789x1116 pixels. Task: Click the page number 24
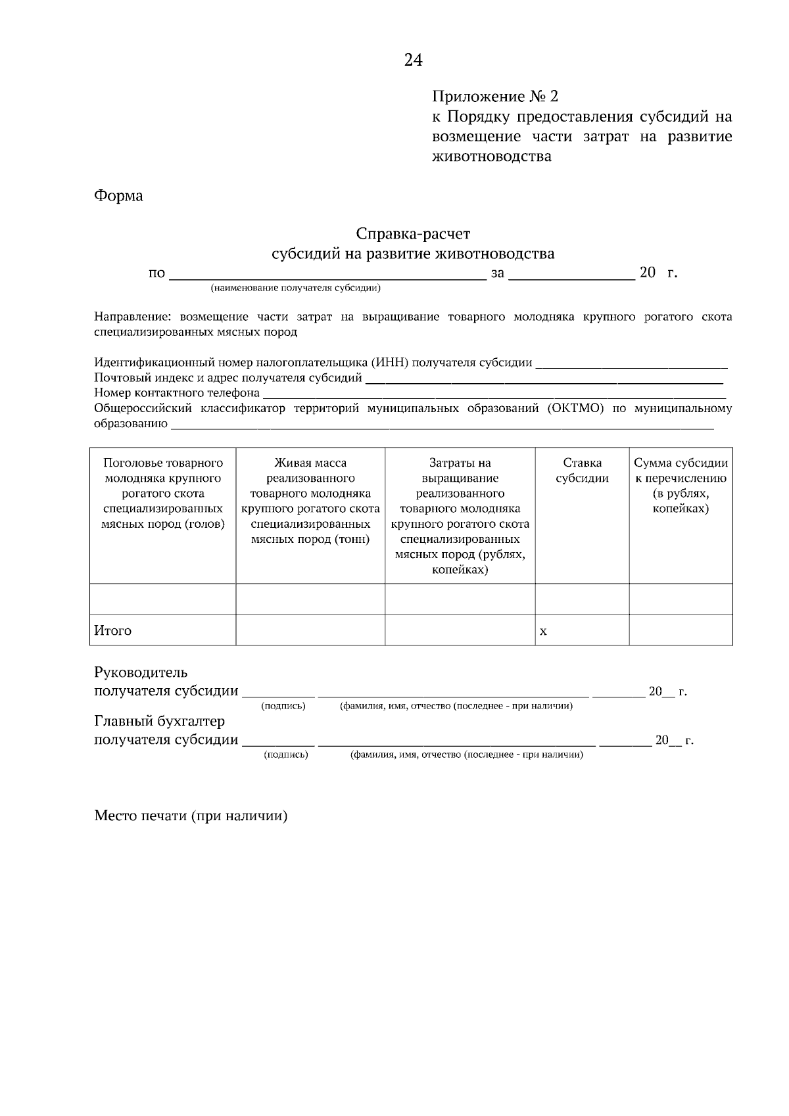[x=413, y=60]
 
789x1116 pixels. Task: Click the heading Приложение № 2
[x=494, y=97]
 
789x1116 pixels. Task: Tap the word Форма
[x=118, y=196]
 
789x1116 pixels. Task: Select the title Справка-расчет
[x=413, y=234]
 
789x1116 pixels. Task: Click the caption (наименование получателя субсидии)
[x=295, y=288]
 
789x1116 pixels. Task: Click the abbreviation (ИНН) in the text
[x=389, y=362]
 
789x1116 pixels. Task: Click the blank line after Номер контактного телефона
[x=493, y=394]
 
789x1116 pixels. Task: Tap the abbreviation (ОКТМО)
[x=574, y=408]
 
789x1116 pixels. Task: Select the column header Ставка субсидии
[x=582, y=471]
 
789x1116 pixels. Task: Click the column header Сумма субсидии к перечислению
[x=681, y=486]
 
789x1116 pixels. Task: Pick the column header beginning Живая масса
[x=310, y=501]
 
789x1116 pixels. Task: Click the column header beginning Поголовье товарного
[x=163, y=493]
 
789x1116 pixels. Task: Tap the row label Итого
[x=113, y=631]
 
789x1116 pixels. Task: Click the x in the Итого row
[x=543, y=632]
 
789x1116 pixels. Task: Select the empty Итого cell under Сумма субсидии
[x=681, y=630]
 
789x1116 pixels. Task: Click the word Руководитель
[x=141, y=672]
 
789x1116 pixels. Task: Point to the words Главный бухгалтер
[x=160, y=721]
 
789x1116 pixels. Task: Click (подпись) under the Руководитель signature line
[x=283, y=706]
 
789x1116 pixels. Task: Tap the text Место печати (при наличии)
[x=191, y=816]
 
